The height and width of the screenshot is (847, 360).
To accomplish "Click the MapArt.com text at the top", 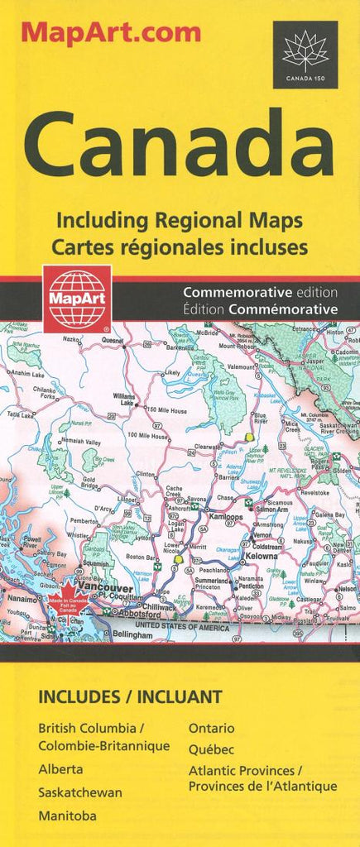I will tap(111, 33).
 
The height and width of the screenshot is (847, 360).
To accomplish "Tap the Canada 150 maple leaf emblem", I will tap(305, 50).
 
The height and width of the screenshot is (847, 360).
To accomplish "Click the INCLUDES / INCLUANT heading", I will tap(130, 696).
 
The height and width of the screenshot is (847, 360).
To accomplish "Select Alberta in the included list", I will tap(60, 769).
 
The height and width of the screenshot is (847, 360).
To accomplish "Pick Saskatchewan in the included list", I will tap(79, 792).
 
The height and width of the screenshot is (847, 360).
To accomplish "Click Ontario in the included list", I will tap(211, 728).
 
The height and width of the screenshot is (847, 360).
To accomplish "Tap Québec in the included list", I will tap(211, 749).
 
